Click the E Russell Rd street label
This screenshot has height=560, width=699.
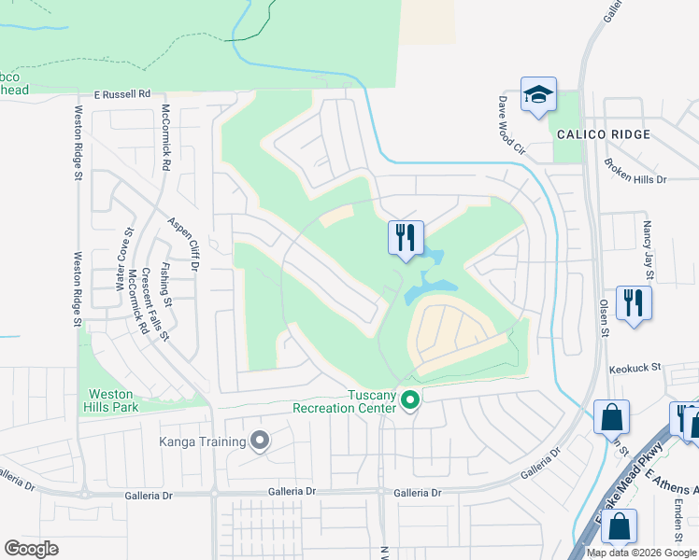coord(122,94)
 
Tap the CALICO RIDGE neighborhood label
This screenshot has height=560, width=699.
coord(603,135)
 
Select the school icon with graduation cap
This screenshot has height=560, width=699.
coord(538,94)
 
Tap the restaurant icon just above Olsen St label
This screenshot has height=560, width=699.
coord(634,302)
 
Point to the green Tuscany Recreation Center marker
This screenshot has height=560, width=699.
coord(409,400)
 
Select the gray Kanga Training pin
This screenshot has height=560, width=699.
coord(260,439)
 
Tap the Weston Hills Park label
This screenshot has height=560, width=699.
coord(110,400)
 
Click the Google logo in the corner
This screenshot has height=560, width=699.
coord(31,548)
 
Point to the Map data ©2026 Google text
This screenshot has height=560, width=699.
coord(641,553)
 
